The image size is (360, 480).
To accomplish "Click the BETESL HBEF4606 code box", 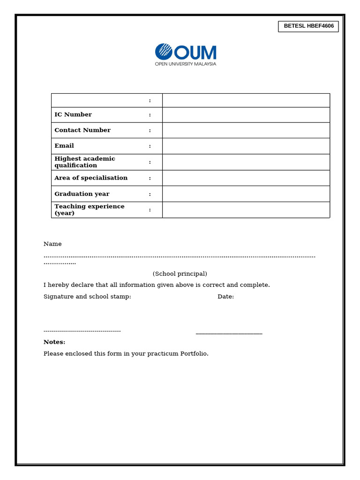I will point(308,26).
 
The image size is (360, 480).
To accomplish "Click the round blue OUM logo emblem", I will point(164,52).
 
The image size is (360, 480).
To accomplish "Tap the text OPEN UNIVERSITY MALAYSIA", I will point(186,64).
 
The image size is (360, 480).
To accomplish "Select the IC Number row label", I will point(73,115).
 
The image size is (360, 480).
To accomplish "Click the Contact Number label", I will point(82,130).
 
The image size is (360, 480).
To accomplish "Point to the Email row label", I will point(64,146).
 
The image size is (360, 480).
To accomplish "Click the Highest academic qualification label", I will point(85,162).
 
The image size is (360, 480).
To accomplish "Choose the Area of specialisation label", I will point(91,178).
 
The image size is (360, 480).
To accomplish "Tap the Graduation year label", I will point(82,194).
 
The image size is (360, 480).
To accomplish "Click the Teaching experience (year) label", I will point(90,210).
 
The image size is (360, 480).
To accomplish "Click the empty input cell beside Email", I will point(246,146).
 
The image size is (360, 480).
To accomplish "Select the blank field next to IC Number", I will point(246,115).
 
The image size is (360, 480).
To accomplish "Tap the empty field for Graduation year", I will point(246,194).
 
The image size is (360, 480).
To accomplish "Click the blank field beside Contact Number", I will point(246,130).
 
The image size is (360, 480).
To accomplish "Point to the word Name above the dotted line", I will point(52,244).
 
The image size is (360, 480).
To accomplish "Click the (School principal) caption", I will point(180,274).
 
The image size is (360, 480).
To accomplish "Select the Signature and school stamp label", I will point(87,297).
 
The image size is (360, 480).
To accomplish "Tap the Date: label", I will point(225,297).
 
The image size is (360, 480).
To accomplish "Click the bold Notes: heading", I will point(54,342).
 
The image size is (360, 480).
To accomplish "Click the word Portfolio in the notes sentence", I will point(194,354).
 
